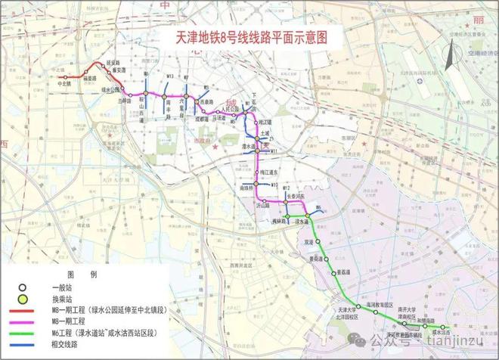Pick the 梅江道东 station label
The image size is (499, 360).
[269, 172]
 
